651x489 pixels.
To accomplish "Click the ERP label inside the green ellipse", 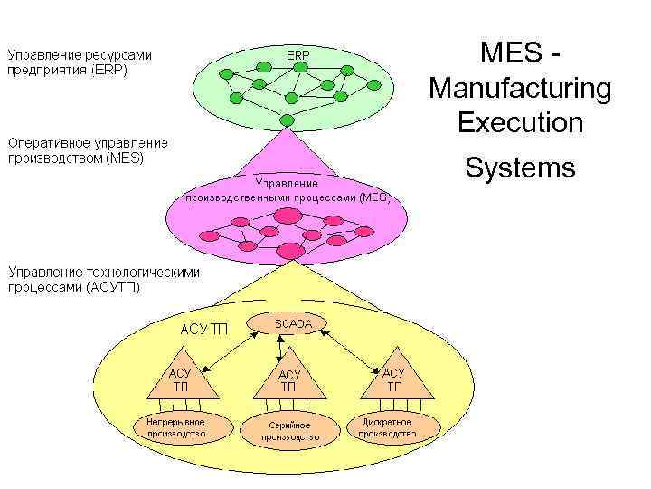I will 298,55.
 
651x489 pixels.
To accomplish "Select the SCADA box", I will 287,323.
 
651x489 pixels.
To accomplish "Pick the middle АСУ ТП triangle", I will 288,381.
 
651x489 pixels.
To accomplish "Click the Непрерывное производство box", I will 176,427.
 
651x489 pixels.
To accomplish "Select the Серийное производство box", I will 289,429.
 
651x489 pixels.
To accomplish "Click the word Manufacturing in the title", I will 520,89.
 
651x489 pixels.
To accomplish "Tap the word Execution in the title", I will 520,122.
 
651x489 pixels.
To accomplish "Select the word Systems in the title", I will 520,168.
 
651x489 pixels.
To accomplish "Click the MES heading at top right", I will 520,53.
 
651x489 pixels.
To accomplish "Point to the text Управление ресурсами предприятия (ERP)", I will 80,62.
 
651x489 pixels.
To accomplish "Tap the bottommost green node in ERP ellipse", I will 287,120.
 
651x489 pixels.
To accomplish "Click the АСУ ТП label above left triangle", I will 204,329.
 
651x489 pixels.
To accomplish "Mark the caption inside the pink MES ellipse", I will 287,188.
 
